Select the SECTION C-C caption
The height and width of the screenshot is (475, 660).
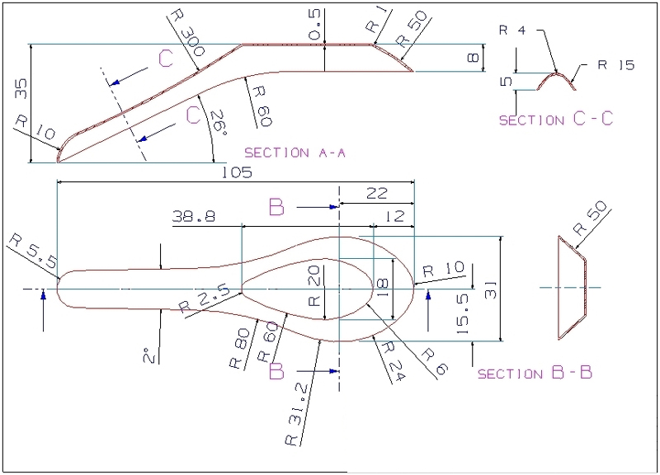pos(556,120)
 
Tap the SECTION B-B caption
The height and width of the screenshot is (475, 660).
pos(535,374)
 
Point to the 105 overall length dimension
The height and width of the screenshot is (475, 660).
pos(236,173)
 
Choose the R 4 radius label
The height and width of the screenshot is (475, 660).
pos(512,31)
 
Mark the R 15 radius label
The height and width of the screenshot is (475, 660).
pos(617,64)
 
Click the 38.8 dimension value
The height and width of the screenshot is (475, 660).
pos(193,217)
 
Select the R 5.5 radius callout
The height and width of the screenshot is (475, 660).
pos(31,252)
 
